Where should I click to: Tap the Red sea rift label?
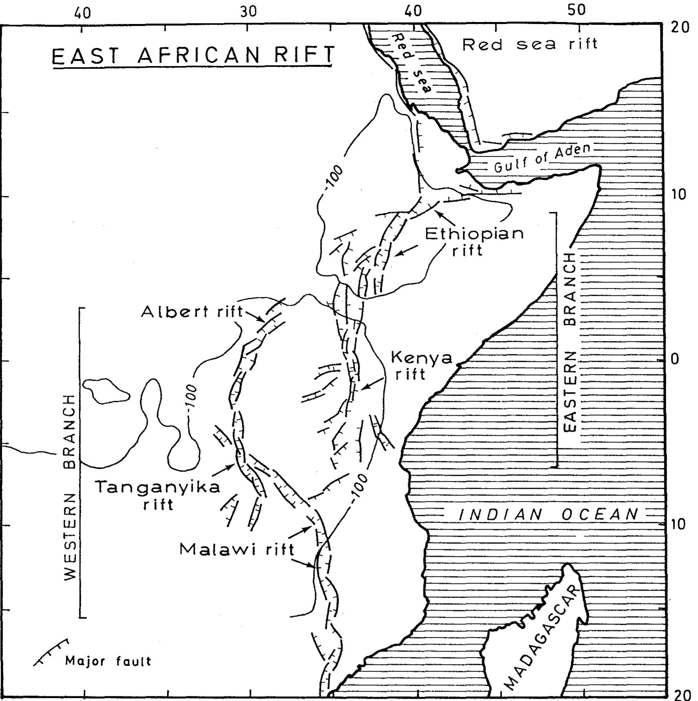click(x=529, y=44)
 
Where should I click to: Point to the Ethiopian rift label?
click(x=474, y=241)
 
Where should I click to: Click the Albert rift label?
click(x=192, y=312)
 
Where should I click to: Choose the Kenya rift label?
click(x=421, y=365)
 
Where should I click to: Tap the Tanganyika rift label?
click(x=158, y=495)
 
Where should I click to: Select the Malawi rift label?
click(x=236, y=549)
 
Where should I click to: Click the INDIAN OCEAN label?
click(x=548, y=514)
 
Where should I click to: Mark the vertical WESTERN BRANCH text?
click(x=70, y=487)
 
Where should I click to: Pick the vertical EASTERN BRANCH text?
click(x=570, y=342)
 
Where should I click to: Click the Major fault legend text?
click(x=108, y=661)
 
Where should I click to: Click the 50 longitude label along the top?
click(x=576, y=11)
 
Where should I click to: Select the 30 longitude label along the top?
click(x=248, y=12)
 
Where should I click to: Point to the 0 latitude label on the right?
click(x=675, y=359)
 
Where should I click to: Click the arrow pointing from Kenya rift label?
click(x=372, y=384)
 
